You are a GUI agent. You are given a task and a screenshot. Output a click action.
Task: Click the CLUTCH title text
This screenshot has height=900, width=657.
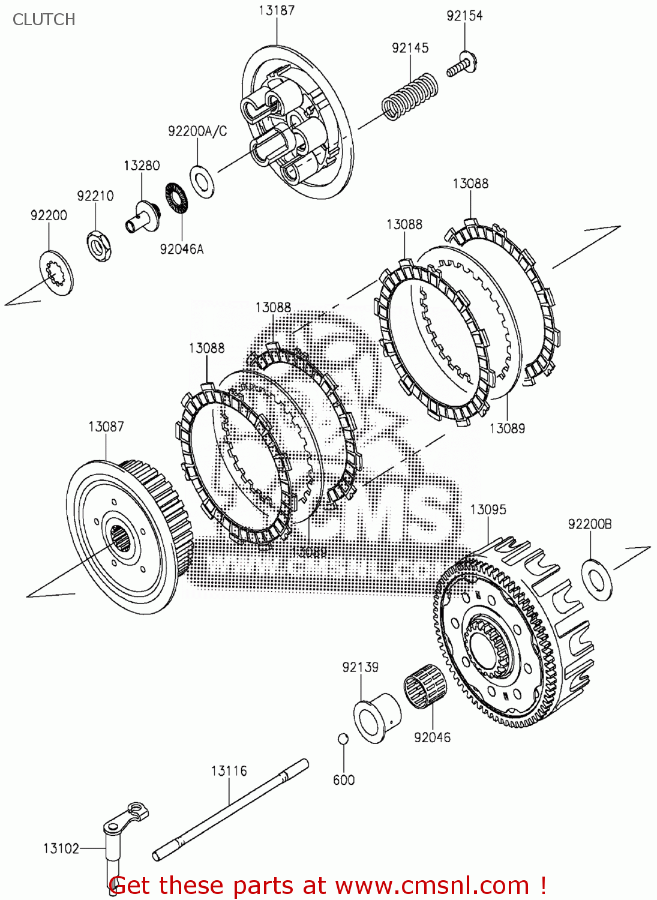44,19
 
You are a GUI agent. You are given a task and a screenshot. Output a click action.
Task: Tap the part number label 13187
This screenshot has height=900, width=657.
277,10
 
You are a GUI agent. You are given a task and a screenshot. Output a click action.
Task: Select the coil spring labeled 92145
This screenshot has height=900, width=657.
410,96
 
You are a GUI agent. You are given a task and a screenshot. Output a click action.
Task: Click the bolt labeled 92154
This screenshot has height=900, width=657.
463,65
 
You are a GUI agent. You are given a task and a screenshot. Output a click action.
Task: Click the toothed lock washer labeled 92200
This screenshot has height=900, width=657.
56,274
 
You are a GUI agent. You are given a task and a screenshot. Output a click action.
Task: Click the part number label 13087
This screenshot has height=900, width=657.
106,427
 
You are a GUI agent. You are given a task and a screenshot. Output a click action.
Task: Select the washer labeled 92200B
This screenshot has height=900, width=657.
597,580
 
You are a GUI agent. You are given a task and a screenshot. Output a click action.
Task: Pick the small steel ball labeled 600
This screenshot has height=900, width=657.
343,738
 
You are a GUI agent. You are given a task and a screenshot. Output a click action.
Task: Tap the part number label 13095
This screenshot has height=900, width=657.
488,509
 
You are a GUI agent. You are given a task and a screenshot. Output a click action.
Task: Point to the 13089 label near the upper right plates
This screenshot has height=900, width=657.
507,428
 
